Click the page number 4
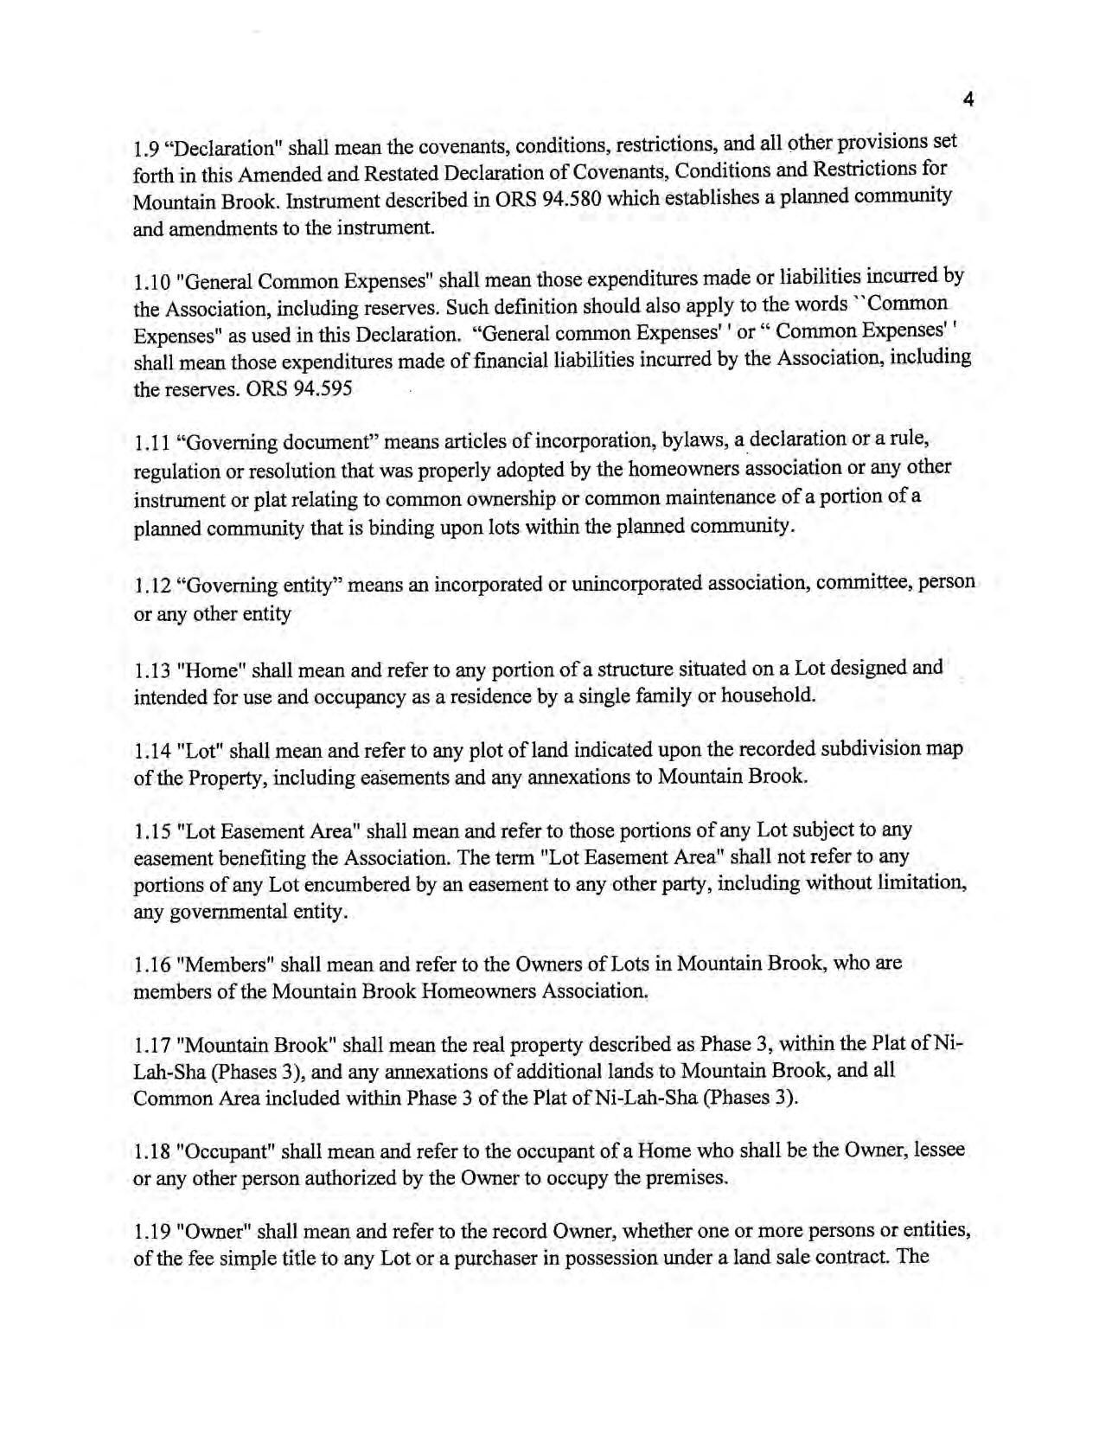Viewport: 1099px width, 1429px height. tap(968, 100)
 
